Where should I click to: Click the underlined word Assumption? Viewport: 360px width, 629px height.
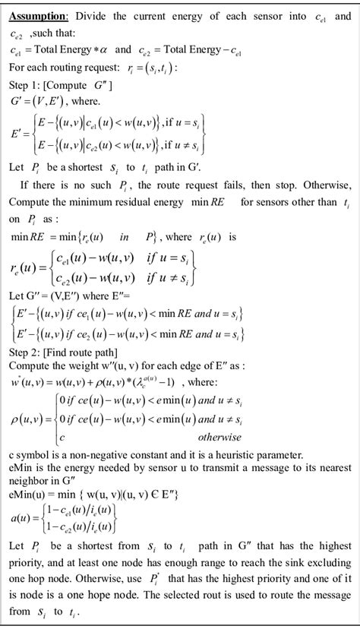(37, 14)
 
